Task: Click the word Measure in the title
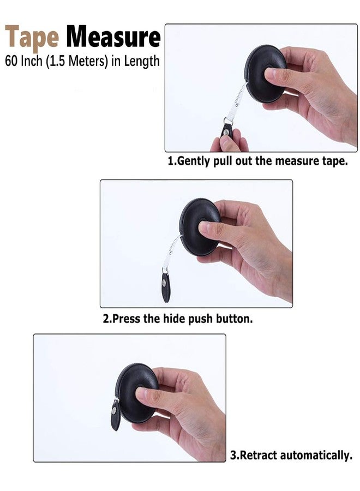tap(113, 37)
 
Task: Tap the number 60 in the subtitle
tap(11, 61)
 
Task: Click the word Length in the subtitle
tap(142, 61)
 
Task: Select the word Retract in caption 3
tap(257, 454)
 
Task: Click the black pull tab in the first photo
tap(227, 130)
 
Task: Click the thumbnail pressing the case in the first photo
tap(270, 74)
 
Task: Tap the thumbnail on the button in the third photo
tap(141, 393)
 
